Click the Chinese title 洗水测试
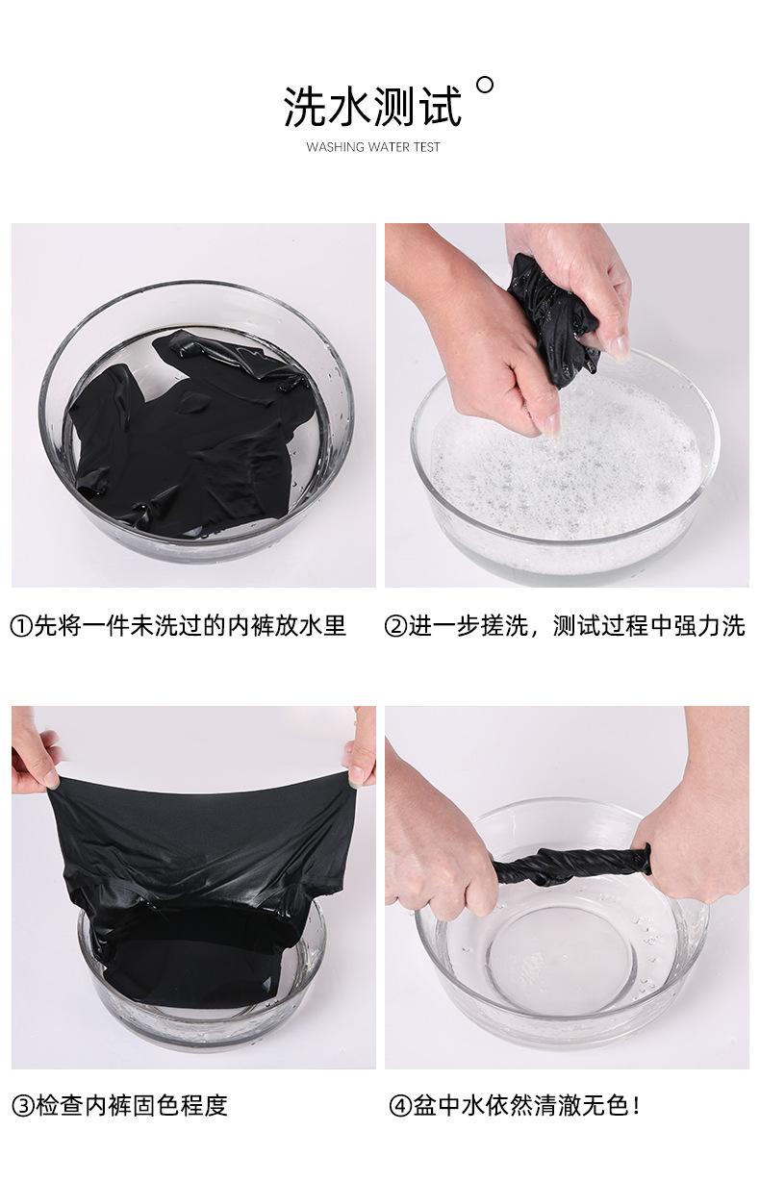[x=372, y=106]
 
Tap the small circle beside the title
[x=485, y=85]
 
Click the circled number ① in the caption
[x=21, y=626]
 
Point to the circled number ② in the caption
[x=395, y=626]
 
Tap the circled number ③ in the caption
[x=21, y=1105]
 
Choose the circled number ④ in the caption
[x=400, y=1105]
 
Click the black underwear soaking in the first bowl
[x=192, y=433]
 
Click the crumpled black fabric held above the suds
[x=558, y=308]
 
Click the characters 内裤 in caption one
[x=244, y=626]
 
